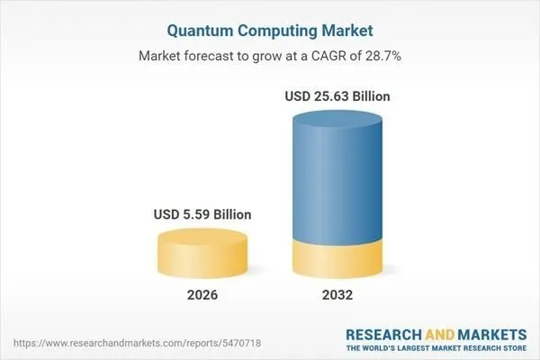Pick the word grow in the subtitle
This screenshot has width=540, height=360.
(273, 56)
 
